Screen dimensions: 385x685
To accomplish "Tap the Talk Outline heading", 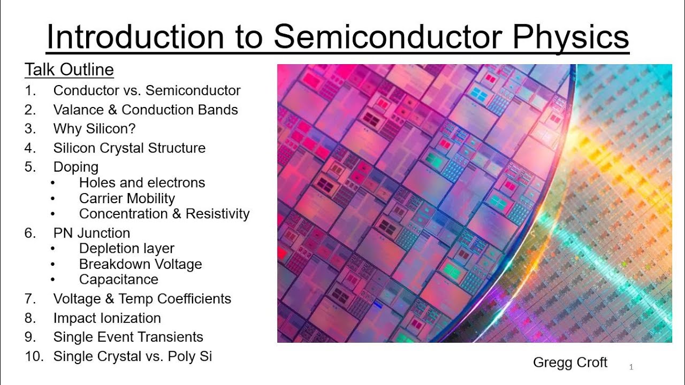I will click(69, 70).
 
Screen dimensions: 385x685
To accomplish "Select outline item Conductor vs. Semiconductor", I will click(147, 90).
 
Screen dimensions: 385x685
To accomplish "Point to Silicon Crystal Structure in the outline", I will click(129, 148).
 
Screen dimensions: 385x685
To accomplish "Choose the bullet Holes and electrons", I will click(142, 182).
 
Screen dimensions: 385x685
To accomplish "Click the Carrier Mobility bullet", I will click(127, 198).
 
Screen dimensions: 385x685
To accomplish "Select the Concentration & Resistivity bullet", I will click(164, 214).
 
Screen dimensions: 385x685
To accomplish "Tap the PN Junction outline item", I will click(92, 233).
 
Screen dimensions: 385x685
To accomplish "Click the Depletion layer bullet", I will click(126, 249).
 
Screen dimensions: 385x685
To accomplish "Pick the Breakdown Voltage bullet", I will click(140, 264).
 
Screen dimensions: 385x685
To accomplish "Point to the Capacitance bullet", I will click(119, 280).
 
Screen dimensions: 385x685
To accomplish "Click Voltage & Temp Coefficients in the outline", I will click(142, 298).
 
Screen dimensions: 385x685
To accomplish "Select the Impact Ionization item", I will click(107, 318).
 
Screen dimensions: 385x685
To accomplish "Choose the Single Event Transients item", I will click(128, 337).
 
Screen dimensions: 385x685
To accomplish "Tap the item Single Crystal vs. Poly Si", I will click(132, 356).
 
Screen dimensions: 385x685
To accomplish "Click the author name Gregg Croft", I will click(570, 363).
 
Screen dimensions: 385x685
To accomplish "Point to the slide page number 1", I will click(631, 367).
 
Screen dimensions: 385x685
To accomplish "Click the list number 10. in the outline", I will click(34, 356).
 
